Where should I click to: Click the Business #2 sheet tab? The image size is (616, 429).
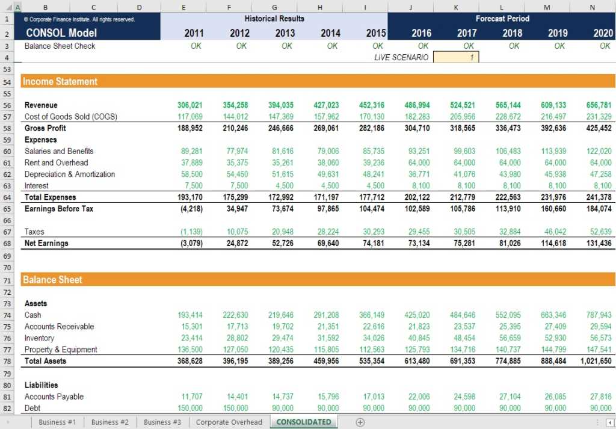click(109, 422)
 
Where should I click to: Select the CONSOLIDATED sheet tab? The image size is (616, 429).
click(304, 422)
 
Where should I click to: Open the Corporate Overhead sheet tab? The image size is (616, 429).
click(229, 422)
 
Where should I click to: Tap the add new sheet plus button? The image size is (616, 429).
click(360, 422)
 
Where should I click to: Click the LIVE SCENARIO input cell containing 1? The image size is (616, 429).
click(455, 57)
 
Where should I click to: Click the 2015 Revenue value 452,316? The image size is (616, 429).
click(373, 105)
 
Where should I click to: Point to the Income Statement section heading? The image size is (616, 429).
click(60, 81)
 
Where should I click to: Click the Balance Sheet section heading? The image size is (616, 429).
click(53, 280)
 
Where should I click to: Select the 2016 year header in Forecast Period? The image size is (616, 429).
click(421, 33)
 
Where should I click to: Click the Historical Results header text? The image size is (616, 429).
click(274, 19)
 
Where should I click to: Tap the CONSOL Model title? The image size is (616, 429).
click(61, 33)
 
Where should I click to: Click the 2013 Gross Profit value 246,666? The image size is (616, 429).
click(281, 128)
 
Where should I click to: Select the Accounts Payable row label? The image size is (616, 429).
click(54, 397)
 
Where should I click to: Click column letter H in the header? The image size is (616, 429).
click(319, 7)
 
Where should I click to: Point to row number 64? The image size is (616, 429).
click(8, 197)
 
